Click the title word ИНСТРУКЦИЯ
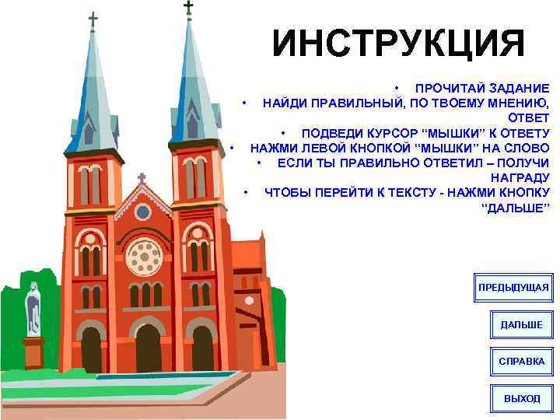pyautogui.click(x=398, y=44)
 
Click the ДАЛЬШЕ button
pyautogui.click(x=521, y=324)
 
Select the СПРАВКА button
pyautogui.click(x=521, y=362)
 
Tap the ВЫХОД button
pyautogui.click(x=521, y=398)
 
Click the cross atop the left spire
pyautogui.click(x=93, y=19)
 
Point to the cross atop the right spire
pyautogui.click(x=188, y=8)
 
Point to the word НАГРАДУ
pyautogui.click(x=520, y=177)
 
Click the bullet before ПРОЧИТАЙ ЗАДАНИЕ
pyautogui.click(x=397, y=87)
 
